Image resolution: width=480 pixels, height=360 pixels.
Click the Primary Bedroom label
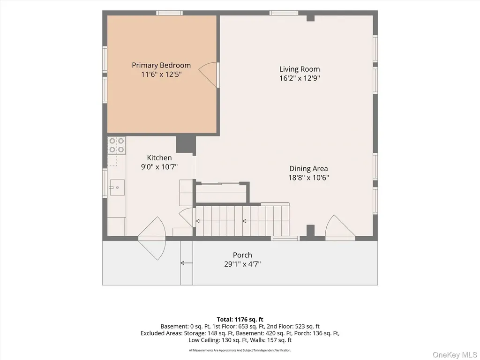[161, 65]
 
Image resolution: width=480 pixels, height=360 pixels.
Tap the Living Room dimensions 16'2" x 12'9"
[300, 78]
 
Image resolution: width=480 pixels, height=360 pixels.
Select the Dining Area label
[308, 168]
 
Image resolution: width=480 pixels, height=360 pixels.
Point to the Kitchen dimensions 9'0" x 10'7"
[159, 167]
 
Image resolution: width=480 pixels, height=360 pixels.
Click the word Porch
[242, 255]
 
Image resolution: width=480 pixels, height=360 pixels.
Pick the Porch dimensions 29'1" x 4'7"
[242, 264]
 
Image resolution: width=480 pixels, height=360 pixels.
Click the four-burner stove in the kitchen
[117, 145]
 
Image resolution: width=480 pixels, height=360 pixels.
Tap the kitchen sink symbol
[117, 187]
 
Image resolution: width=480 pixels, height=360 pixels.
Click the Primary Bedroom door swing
[208, 75]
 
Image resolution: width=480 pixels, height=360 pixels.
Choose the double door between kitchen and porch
[152, 239]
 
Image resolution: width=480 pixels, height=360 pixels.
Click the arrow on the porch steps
[187, 263]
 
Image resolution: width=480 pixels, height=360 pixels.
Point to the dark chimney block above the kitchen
[186, 144]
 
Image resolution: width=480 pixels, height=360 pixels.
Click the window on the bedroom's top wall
[169, 13]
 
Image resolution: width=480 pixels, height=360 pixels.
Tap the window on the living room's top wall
[284, 13]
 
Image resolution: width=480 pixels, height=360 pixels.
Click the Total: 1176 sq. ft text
[240, 320]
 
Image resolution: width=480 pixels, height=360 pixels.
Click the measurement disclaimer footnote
[240, 350]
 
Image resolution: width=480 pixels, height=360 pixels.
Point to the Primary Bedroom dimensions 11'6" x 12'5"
[161, 75]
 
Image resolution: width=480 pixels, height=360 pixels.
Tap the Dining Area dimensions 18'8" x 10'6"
[308, 178]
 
